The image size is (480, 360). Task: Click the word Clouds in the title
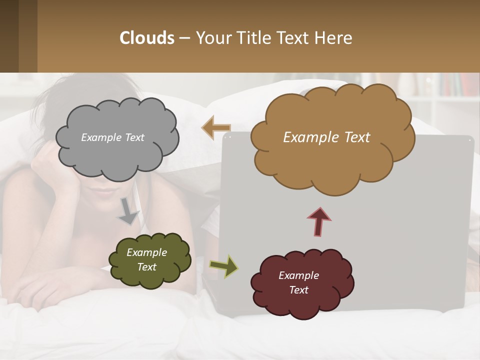point(146,38)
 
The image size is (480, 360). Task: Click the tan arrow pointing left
point(216,127)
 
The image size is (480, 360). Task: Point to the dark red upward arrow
point(319,221)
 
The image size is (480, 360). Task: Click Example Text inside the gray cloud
point(112,137)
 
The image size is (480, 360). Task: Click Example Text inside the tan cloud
point(326,137)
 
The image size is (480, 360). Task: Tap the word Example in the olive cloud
point(146,252)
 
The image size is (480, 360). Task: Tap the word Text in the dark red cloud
point(298,290)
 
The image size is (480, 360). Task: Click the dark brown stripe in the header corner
point(9,36)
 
